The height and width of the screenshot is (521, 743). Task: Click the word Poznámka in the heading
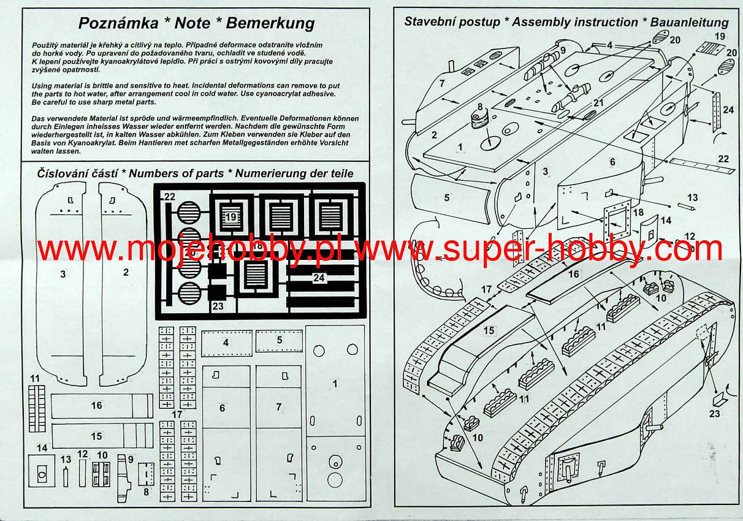click(118, 23)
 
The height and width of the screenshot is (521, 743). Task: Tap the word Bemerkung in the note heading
click(270, 24)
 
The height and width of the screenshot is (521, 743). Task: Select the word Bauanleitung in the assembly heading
click(689, 23)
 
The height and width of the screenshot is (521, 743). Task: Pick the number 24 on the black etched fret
click(318, 278)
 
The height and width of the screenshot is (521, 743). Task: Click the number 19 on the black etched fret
click(231, 217)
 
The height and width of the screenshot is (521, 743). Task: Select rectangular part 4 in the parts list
click(227, 343)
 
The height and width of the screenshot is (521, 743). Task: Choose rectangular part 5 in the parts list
click(279, 341)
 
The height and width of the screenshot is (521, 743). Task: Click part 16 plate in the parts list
click(102, 406)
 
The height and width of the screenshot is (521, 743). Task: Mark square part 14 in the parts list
click(42, 471)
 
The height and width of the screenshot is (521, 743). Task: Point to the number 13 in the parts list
click(66, 459)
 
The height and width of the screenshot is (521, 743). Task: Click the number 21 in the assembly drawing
click(598, 103)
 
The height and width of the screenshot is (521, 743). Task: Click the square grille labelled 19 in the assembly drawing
click(709, 48)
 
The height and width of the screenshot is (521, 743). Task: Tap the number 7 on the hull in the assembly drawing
click(442, 83)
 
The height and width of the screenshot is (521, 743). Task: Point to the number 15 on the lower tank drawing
click(489, 330)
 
